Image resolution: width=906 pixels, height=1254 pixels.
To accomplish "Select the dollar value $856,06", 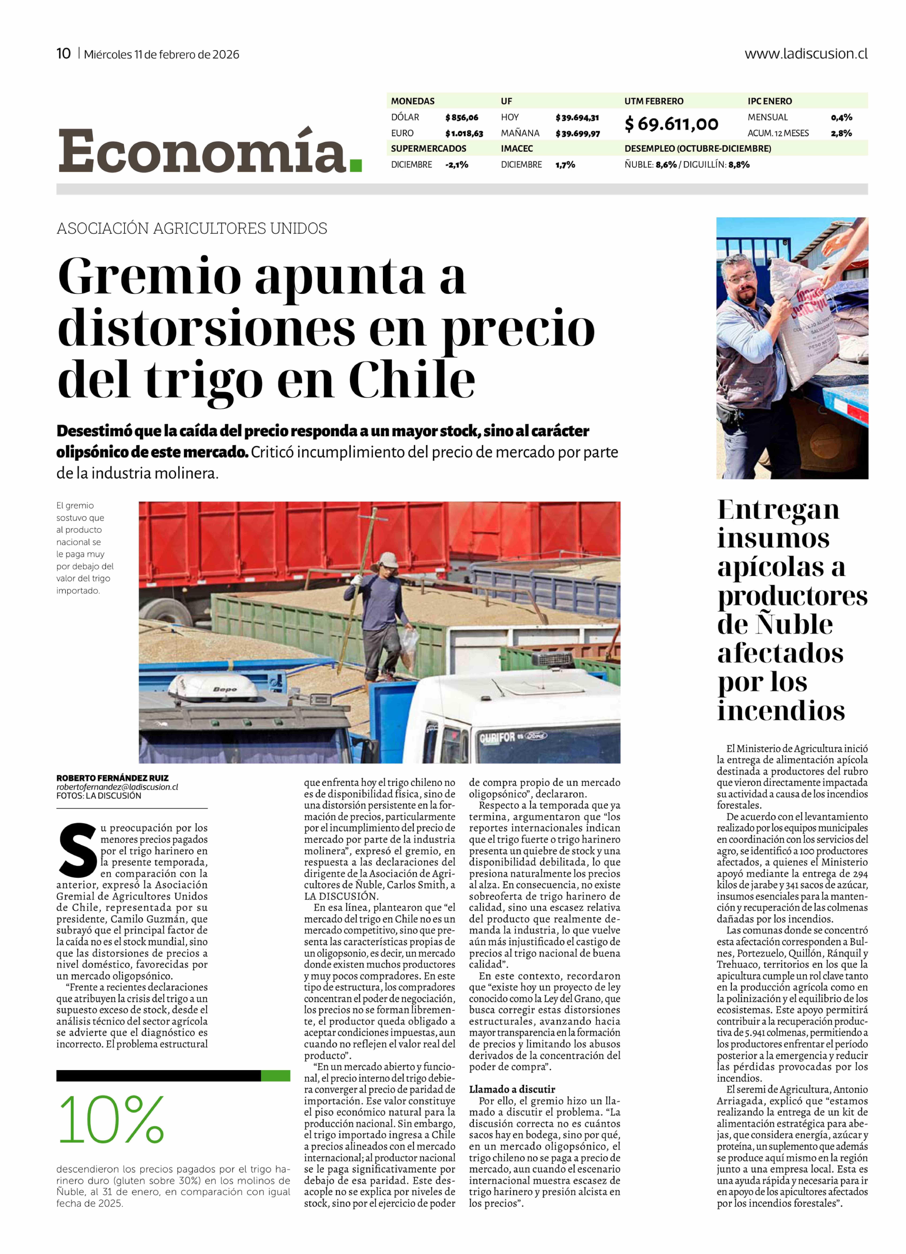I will point(461,117).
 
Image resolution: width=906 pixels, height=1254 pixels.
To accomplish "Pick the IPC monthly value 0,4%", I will point(841,117).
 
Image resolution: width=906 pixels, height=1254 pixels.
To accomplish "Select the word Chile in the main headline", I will point(412,379).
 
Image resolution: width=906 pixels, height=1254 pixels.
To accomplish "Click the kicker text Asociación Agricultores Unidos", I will point(191,228).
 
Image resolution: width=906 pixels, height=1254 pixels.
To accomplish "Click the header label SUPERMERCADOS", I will point(428,149).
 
